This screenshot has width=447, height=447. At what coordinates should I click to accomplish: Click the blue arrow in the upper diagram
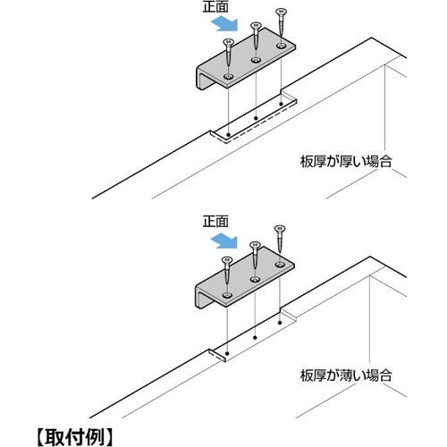(224, 24)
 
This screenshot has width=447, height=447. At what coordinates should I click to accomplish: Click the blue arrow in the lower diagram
(224, 240)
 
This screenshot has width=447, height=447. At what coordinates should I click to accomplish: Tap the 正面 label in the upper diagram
(215, 6)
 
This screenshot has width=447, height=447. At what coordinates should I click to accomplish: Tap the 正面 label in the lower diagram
(215, 222)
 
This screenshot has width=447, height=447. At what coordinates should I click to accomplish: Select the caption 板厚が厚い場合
(346, 161)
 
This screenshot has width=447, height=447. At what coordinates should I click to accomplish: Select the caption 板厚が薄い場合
(346, 375)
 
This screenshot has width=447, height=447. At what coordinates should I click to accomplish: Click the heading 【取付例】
(75, 437)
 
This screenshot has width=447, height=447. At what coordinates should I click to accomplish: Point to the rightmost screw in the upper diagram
(280, 22)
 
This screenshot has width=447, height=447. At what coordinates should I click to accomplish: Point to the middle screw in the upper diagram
(256, 35)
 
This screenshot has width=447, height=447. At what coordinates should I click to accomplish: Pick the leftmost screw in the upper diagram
(228, 53)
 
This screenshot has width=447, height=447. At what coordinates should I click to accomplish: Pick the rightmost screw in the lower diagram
(280, 239)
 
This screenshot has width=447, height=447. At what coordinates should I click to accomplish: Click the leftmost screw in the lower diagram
(227, 271)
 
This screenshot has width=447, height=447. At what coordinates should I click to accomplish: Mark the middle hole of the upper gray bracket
(256, 61)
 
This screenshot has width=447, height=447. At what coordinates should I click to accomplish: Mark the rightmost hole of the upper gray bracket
(281, 46)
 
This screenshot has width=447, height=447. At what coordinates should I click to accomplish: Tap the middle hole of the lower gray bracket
(255, 280)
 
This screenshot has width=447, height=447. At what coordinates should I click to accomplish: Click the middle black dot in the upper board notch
(256, 118)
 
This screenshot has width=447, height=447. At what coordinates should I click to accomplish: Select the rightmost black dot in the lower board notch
(280, 323)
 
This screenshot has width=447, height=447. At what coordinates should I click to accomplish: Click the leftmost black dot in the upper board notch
(228, 135)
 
